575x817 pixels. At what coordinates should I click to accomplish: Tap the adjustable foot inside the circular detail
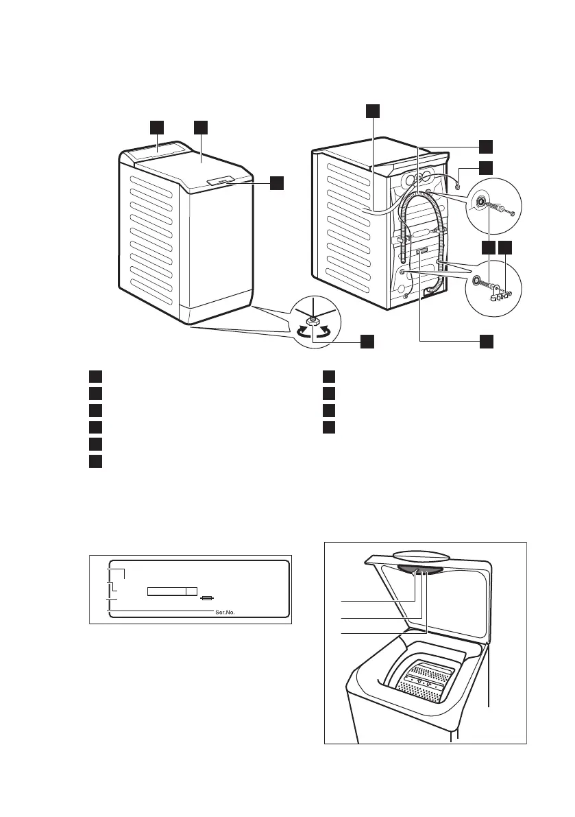(312, 320)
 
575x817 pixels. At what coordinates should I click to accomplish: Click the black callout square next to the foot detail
(368, 341)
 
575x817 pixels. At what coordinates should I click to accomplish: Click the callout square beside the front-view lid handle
(276, 182)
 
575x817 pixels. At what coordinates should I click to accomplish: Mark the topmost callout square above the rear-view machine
(371, 111)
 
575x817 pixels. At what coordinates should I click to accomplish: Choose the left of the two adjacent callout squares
(487, 248)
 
